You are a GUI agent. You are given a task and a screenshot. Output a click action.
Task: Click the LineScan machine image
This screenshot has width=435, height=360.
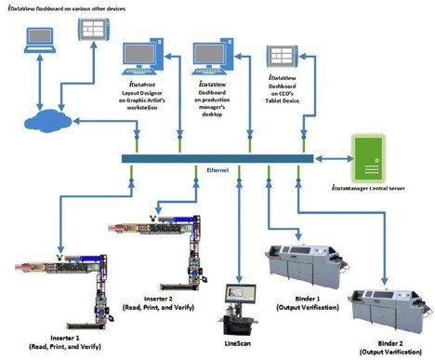click(x=240, y=311)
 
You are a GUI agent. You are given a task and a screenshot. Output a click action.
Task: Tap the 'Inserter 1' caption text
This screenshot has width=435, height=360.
click(x=71, y=333)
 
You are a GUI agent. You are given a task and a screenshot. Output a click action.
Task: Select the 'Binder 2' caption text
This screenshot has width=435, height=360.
click(x=382, y=345)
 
